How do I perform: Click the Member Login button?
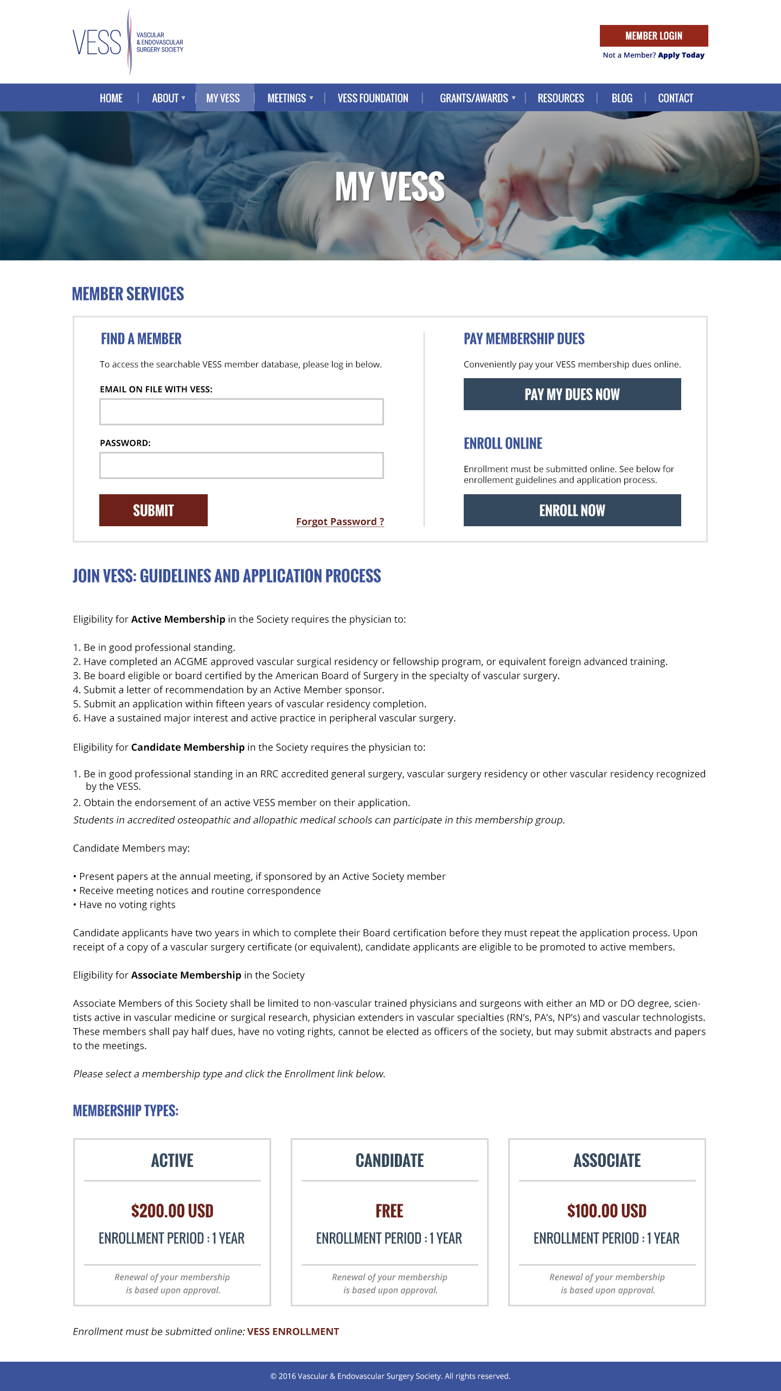coord(654,36)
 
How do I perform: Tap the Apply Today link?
coord(681,55)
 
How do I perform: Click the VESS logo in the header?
coord(128,42)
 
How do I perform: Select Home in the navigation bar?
coord(111,98)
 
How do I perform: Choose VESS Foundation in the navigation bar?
coord(373,98)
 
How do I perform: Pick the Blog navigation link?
coord(622,98)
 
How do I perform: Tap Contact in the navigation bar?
coord(675,98)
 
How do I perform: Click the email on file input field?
coord(241,412)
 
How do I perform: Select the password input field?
coord(241,465)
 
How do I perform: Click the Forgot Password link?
coord(340,521)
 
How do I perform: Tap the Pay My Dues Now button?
coord(572,394)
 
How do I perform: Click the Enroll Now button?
coord(572,510)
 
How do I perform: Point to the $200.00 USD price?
coord(172,1211)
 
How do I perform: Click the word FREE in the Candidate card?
coord(389,1211)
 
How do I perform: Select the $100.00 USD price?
coord(607,1211)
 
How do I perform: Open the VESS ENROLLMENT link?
coord(293,1331)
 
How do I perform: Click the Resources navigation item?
coord(561,98)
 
